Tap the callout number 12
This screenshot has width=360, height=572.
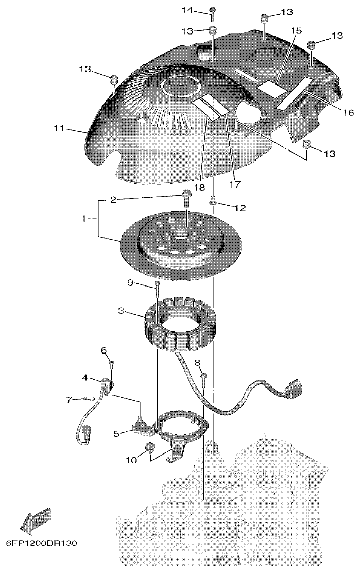pyautogui.click(x=239, y=208)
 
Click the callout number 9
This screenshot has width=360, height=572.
pyautogui.click(x=131, y=282)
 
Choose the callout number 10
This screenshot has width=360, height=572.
pyautogui.click(x=132, y=460)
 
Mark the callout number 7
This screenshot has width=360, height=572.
pyautogui.click(x=68, y=399)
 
